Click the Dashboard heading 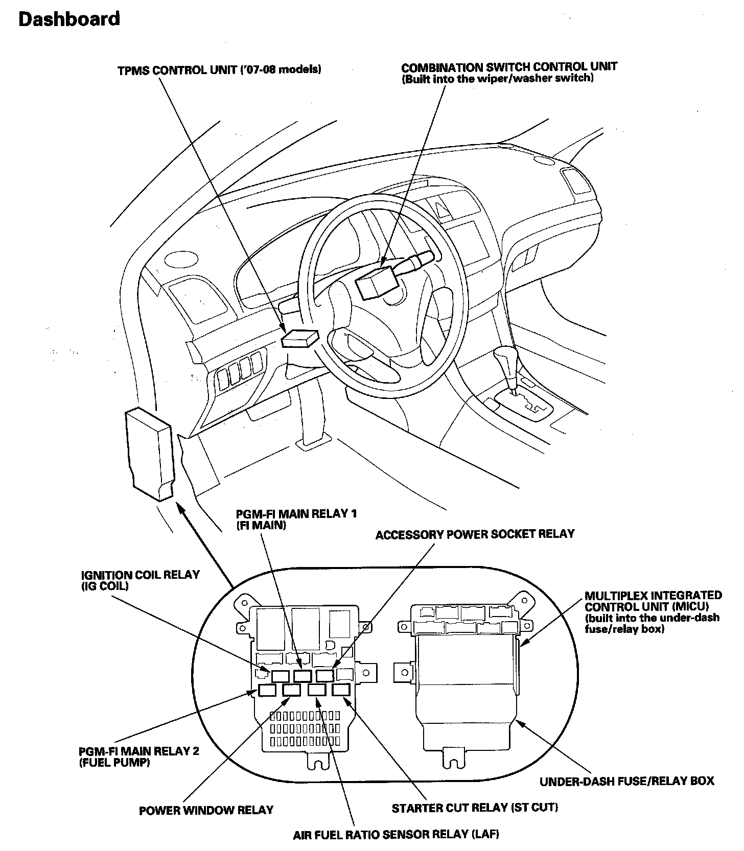69,19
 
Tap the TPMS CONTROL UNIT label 219,70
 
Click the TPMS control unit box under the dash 300,338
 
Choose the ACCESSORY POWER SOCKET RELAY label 475,534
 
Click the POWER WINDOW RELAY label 206,810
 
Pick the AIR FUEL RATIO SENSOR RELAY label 396,835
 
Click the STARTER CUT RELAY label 475,808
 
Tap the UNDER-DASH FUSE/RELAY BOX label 627,781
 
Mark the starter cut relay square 340,690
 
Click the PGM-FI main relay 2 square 267,690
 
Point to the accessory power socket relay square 324,675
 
